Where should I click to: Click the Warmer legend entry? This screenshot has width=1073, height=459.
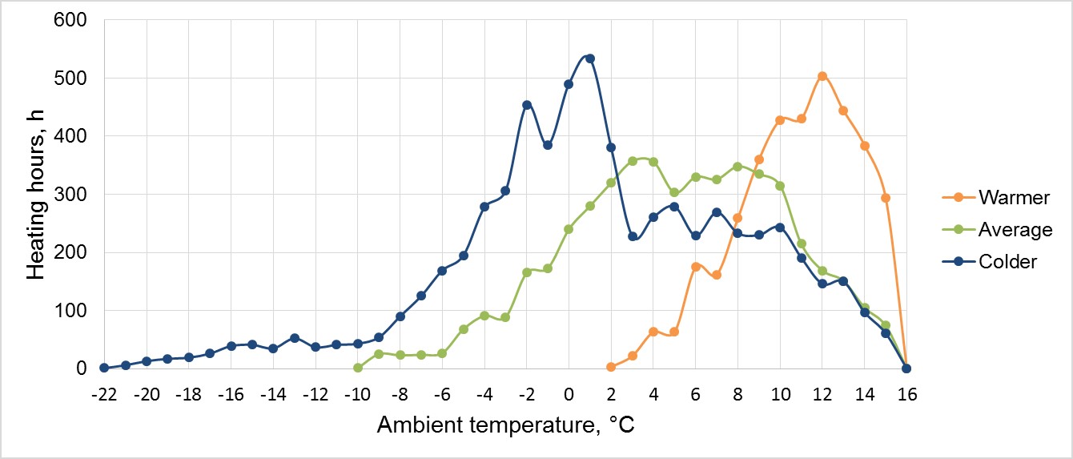(1014, 197)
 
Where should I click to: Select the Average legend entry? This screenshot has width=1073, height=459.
(1015, 230)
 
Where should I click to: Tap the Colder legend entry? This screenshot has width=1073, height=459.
(1007, 262)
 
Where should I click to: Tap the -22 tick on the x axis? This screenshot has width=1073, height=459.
(104, 394)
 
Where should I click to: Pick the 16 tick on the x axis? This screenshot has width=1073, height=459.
(906, 394)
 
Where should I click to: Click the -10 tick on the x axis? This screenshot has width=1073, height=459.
(357, 394)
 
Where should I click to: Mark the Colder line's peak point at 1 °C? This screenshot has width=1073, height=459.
(590, 58)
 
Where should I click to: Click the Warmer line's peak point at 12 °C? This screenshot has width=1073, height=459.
(822, 76)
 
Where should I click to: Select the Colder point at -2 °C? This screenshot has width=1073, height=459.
(527, 105)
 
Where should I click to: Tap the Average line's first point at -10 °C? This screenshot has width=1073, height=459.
(358, 368)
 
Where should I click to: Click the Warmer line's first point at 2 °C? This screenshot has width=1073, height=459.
(611, 367)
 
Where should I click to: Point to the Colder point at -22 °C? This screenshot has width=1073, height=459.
(104, 368)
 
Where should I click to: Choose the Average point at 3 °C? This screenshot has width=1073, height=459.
(633, 161)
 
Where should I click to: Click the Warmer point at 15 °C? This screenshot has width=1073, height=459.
(886, 198)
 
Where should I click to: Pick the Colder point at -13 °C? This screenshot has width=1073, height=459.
(295, 338)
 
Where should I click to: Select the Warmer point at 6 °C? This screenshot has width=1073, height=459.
(696, 267)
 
